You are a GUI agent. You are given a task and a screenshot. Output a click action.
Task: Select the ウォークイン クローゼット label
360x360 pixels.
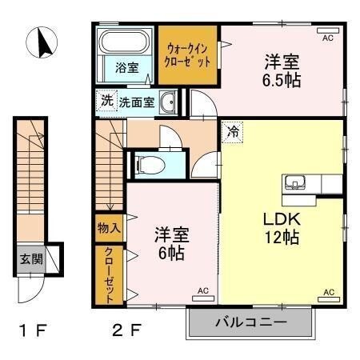(189, 55)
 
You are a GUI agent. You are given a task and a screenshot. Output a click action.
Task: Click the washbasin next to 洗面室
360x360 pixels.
(167, 102)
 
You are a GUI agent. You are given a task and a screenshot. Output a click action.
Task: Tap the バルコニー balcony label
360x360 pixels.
(249, 323)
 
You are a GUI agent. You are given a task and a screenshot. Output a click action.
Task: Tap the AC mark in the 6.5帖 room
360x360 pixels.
(327, 38)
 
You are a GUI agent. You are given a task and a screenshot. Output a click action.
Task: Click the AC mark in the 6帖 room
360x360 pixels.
(202, 291)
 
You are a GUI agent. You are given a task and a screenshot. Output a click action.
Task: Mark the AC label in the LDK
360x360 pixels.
(328, 292)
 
